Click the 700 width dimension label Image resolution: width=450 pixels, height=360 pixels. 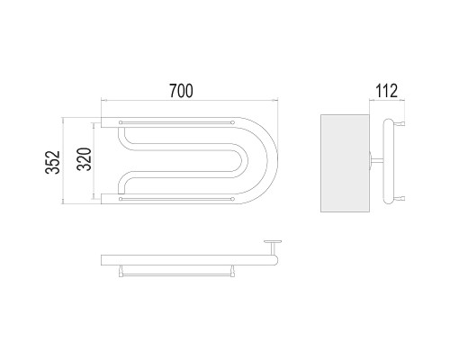pos(181,91)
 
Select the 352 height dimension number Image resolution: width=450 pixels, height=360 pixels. pos(53,162)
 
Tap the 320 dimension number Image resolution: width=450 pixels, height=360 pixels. pos(84,159)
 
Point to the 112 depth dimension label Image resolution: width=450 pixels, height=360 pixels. pos(387,91)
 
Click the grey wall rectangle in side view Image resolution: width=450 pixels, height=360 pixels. pos(345,163)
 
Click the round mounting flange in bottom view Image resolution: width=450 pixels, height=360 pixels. pos(273,241)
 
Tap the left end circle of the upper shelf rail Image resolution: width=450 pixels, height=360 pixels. pos(121,122)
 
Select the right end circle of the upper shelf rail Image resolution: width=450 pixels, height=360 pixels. pos(233,122)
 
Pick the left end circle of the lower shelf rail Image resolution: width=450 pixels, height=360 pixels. pos(121,199)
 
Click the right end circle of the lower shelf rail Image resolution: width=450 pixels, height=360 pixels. pos(233,199)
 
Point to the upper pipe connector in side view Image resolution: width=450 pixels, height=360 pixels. pos(400,123)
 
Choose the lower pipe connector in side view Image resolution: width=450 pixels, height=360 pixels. pos(400,198)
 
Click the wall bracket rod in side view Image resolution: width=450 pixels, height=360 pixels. pos(377,161)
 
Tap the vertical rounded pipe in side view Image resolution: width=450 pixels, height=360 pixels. pos(389,161)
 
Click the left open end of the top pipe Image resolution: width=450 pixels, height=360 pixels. pos(102,122)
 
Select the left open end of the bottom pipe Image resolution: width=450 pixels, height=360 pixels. pos(102,199)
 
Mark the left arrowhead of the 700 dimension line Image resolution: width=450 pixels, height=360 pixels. pos(103,100)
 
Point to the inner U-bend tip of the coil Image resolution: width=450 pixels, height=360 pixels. pos(247,161)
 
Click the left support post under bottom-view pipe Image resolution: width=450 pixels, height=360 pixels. pos(121,271)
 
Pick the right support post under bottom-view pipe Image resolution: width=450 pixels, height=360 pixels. pos(233,271)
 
